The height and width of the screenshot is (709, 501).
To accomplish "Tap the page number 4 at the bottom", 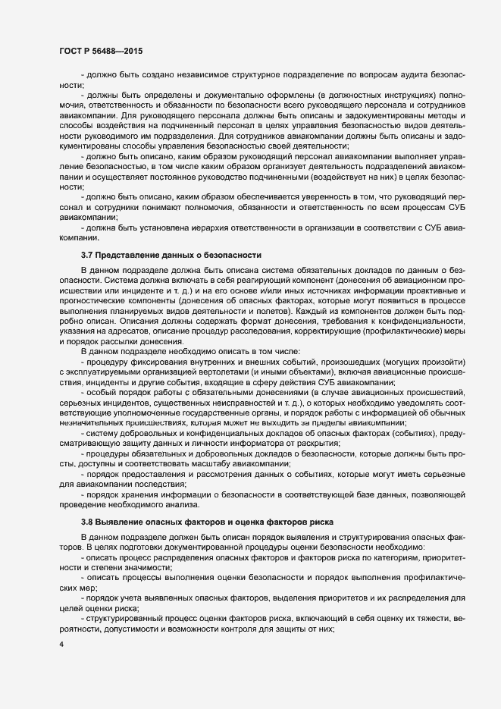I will click(61, 645).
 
